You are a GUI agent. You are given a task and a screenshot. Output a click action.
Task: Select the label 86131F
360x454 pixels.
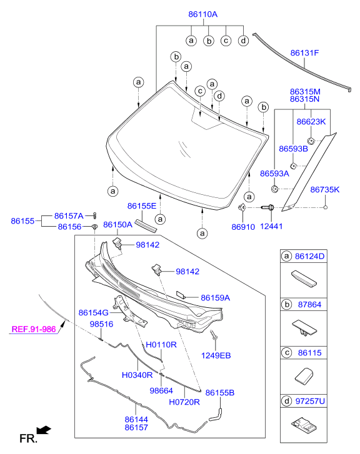(304, 53)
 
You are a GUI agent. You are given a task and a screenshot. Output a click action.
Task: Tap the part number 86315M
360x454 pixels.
(305, 91)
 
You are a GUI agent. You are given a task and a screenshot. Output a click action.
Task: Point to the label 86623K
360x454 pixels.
(311, 122)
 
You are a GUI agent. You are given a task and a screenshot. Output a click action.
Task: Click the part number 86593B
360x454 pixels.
(294, 149)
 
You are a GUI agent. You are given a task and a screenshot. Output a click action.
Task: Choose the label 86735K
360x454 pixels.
(325, 189)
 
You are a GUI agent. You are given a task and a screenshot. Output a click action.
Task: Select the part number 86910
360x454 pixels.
(243, 227)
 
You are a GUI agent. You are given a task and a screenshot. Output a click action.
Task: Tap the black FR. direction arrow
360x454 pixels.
(42, 430)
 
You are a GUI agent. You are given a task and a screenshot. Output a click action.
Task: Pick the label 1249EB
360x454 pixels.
(216, 355)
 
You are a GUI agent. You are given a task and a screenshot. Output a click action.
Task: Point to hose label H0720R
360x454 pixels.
(184, 402)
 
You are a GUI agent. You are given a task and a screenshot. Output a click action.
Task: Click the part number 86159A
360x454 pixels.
(216, 298)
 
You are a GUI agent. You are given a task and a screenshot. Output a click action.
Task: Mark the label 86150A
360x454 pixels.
(118, 225)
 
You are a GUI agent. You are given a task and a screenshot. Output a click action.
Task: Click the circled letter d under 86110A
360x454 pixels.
(243, 41)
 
